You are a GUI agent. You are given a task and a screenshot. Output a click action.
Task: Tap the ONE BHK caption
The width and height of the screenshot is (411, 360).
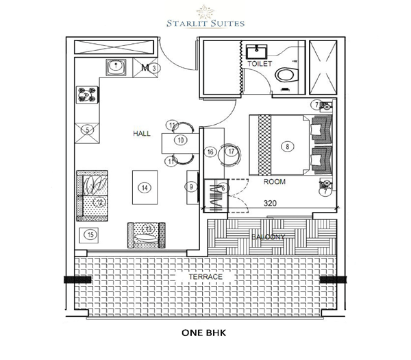tap(205, 336)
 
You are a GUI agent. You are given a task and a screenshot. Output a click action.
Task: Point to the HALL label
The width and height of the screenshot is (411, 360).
tap(142, 134)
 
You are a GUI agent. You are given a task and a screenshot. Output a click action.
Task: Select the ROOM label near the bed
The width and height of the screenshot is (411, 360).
tap(275, 182)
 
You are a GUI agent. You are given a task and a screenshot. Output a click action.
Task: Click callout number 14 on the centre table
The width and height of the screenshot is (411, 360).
tap(144, 187)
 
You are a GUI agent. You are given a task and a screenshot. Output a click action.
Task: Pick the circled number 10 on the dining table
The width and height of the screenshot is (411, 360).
tap(180, 141)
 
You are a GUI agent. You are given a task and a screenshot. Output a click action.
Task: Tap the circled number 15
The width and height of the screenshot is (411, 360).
tap(90, 235)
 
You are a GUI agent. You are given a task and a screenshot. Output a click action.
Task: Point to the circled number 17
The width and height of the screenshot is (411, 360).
tap(232, 152)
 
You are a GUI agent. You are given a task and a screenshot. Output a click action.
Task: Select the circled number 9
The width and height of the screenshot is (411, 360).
tap(190, 187)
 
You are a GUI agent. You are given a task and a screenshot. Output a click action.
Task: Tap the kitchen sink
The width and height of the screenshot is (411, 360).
tap(116, 67)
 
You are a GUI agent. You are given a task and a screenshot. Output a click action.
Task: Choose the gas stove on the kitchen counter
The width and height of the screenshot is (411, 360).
tap(88, 93)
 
